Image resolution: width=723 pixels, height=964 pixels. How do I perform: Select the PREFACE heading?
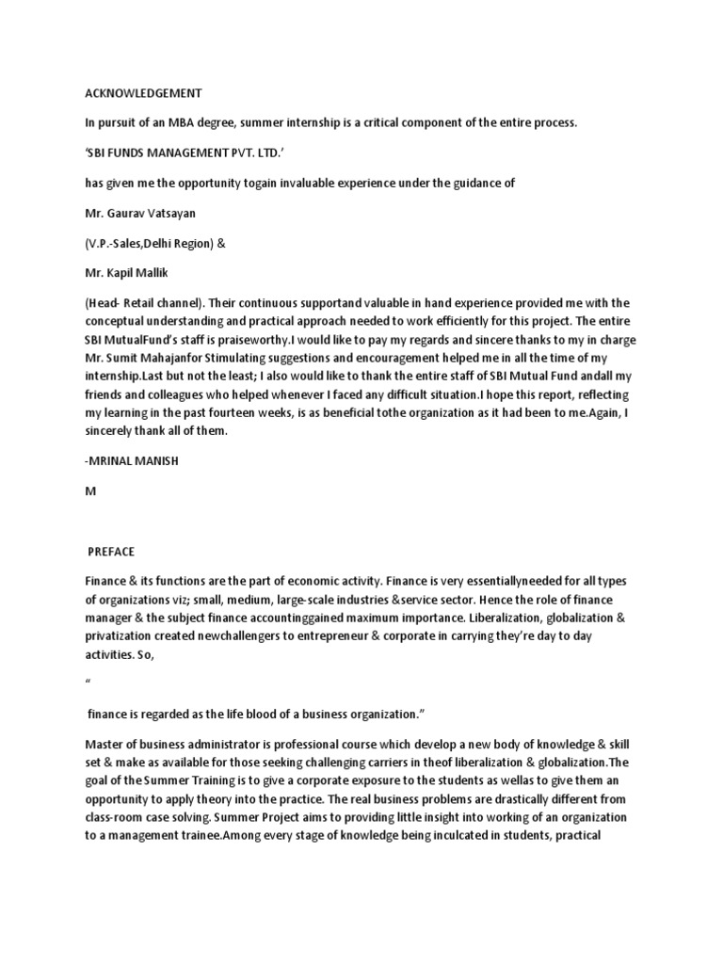[x=112, y=551]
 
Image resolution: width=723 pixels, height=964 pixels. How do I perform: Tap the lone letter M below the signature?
[x=90, y=490]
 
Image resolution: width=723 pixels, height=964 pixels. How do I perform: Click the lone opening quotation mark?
[x=88, y=680]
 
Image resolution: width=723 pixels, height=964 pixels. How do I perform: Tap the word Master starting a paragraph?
[x=105, y=744]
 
